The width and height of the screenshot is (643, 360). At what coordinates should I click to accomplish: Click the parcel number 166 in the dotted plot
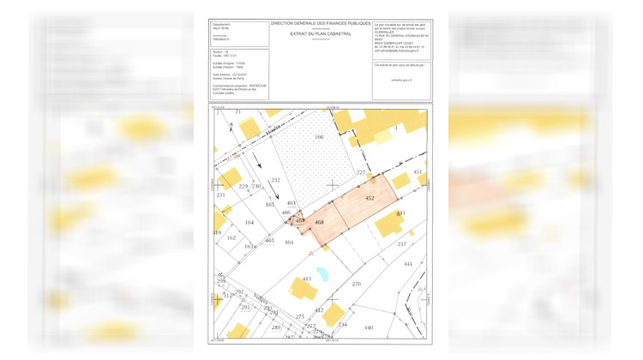(318, 137)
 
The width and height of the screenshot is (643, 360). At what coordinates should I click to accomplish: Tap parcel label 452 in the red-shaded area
(370, 197)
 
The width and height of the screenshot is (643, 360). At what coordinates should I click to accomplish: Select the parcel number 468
(319, 222)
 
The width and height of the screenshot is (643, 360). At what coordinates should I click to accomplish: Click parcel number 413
(307, 279)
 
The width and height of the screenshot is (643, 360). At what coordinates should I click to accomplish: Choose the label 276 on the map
(356, 283)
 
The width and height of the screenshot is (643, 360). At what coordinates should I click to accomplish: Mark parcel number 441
(408, 264)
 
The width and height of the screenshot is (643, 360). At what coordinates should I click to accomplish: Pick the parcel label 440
(369, 328)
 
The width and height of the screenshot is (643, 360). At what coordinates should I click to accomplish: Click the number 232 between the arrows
(275, 180)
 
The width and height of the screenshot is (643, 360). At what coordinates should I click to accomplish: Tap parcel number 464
(289, 243)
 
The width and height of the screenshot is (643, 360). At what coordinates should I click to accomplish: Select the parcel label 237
(401, 244)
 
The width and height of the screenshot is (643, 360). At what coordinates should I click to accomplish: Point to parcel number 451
(418, 172)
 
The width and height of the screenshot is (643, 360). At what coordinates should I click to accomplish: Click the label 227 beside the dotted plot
(361, 173)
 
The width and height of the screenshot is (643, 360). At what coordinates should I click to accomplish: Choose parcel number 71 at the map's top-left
(238, 112)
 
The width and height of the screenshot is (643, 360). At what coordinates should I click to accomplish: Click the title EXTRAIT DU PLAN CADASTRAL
(321, 33)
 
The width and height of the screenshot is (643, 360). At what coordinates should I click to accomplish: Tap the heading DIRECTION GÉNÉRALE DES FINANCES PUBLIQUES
(321, 24)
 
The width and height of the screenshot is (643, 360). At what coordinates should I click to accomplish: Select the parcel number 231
(219, 195)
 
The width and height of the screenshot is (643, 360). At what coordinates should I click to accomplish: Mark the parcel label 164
(249, 223)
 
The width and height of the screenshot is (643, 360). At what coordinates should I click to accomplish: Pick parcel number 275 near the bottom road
(299, 317)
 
